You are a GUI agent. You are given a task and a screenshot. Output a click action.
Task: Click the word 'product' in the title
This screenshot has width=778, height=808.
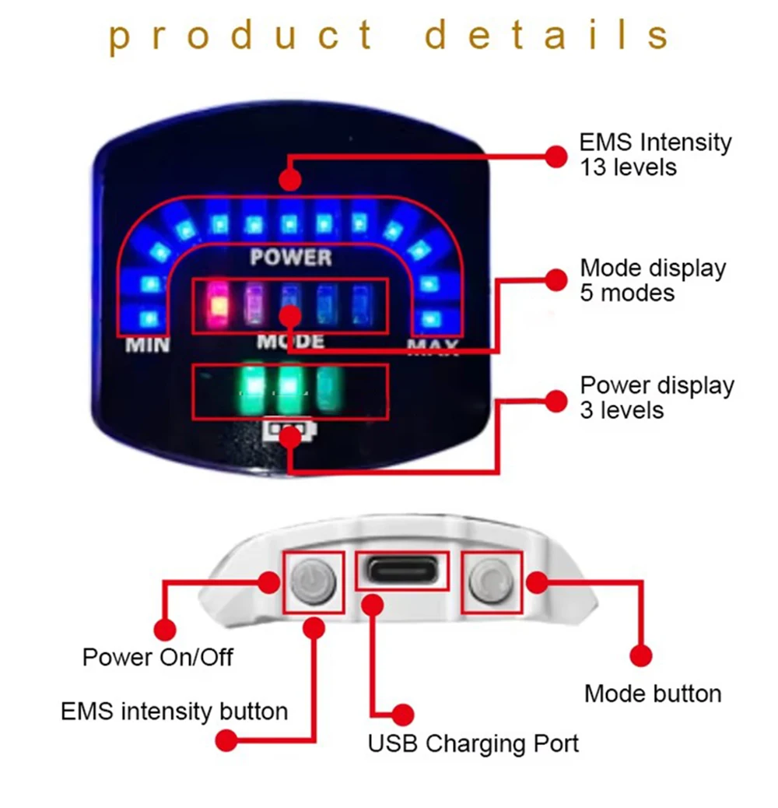click(241, 36)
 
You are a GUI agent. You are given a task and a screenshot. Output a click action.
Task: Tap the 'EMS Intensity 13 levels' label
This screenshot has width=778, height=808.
click(655, 154)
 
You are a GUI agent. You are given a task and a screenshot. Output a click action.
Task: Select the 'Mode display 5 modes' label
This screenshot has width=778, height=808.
click(653, 280)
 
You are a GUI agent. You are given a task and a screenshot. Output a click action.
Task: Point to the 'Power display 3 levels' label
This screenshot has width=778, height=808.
click(657, 398)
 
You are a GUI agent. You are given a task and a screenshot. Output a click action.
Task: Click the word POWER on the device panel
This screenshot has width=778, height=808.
click(291, 257)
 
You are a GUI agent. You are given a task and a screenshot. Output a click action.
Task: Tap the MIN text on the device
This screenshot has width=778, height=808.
click(148, 344)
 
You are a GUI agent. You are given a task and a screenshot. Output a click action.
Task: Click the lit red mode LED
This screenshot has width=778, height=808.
click(218, 302)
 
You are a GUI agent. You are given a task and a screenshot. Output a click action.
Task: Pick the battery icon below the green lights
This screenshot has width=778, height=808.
click(290, 430)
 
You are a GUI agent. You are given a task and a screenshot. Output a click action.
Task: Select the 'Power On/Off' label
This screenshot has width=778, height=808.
click(158, 657)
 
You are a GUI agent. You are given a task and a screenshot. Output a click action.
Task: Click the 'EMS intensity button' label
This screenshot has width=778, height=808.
click(174, 711)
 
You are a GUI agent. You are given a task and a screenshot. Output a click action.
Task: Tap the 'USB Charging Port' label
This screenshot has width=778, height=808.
click(473, 743)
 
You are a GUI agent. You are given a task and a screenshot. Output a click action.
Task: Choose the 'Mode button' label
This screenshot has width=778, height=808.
click(653, 694)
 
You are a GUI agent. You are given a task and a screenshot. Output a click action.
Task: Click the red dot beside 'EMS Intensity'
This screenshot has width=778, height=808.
click(555, 156)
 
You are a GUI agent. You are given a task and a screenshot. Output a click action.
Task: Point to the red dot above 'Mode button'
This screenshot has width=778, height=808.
click(640, 655)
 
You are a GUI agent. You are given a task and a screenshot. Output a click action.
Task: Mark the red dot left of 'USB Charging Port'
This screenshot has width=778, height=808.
click(402, 714)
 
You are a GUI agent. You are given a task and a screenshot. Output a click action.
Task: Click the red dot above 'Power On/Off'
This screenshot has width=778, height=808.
click(164, 629)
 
